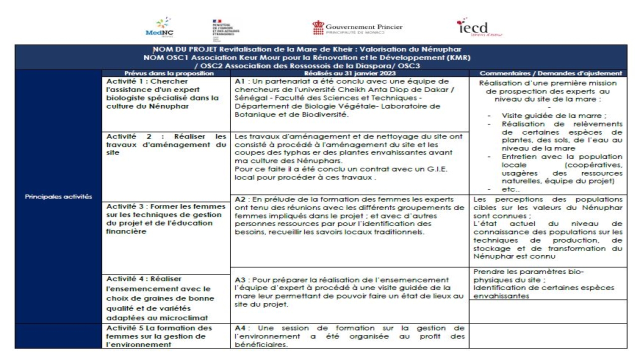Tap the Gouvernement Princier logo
tap(357, 28)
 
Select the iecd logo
tap(475, 28)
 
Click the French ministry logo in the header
tap(225, 29)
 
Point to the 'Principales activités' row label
tap(58, 196)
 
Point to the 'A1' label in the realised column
tap(239, 81)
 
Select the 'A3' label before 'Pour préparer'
tap(240, 279)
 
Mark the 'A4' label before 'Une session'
tap(240, 328)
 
